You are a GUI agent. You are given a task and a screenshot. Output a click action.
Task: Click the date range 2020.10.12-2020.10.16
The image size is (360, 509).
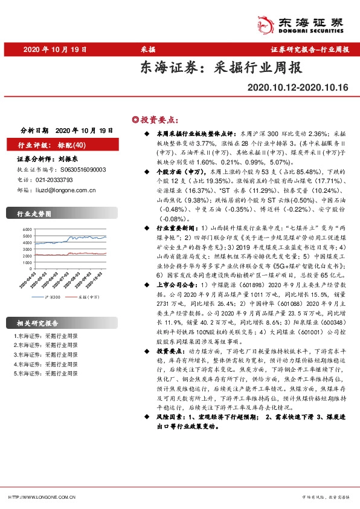click(x=298, y=88)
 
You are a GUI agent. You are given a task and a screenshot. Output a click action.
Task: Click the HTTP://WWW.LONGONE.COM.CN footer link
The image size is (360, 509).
click(x=42, y=497)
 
